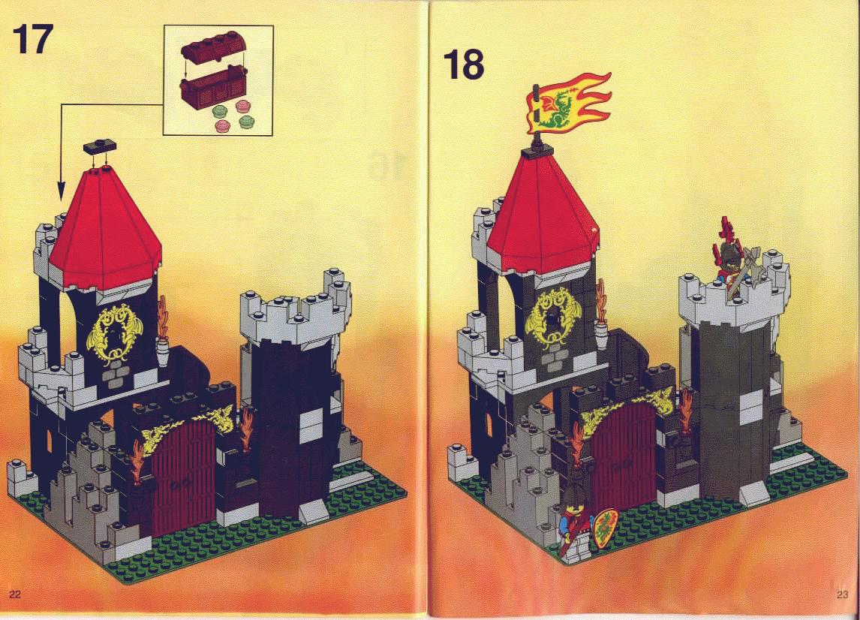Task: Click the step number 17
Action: (x=32, y=39)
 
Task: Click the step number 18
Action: (x=464, y=65)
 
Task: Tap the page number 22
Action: (x=15, y=594)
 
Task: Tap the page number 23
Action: (x=843, y=594)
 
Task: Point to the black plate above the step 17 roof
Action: (x=100, y=146)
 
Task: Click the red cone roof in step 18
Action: (x=542, y=215)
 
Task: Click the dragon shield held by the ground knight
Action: (x=605, y=528)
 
